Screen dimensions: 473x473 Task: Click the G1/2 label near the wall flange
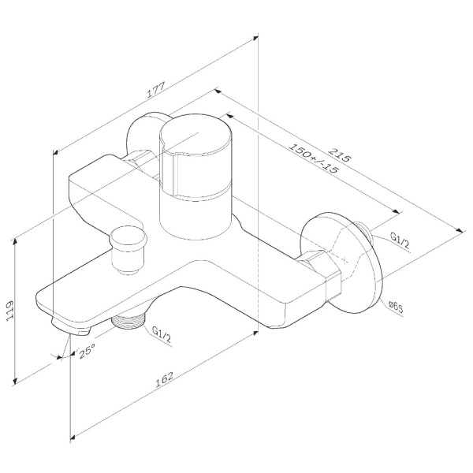click(399, 240)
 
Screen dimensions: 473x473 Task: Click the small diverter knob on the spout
click(125, 244)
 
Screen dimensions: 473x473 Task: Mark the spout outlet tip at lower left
click(67, 326)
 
